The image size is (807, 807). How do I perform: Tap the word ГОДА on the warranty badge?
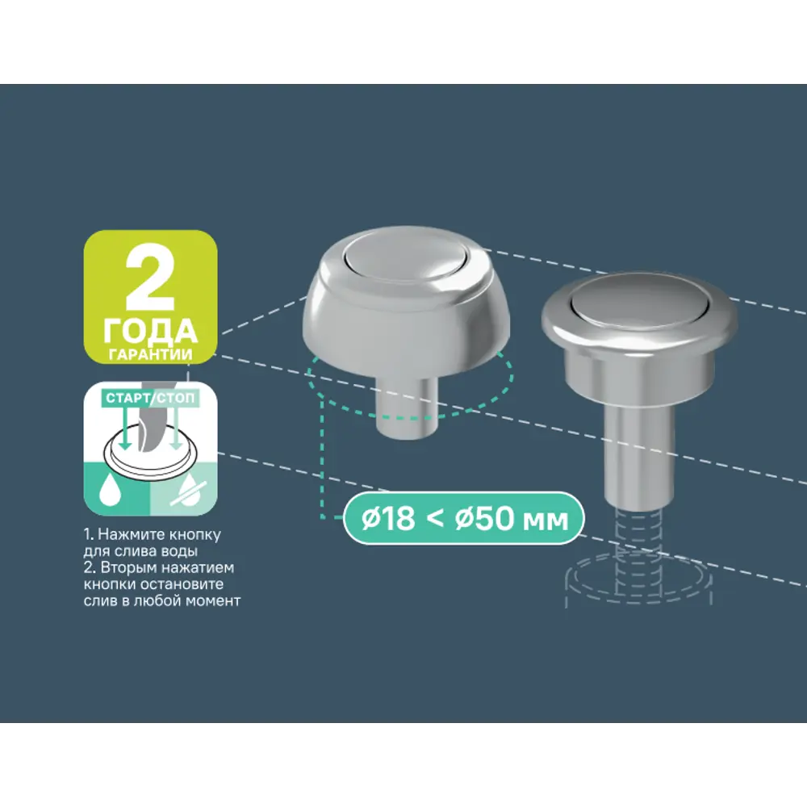coord(150,332)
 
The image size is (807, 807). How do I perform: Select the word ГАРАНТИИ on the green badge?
coord(151,354)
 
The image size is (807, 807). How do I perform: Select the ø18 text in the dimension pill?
coord(387,519)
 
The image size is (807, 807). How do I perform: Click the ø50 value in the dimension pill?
coord(483,519)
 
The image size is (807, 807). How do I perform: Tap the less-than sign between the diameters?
coord(435,519)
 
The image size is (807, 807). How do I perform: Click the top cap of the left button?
coord(406,255)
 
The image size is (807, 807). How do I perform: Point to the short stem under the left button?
coord(407,407)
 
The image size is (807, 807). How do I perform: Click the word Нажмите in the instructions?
coord(127,535)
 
